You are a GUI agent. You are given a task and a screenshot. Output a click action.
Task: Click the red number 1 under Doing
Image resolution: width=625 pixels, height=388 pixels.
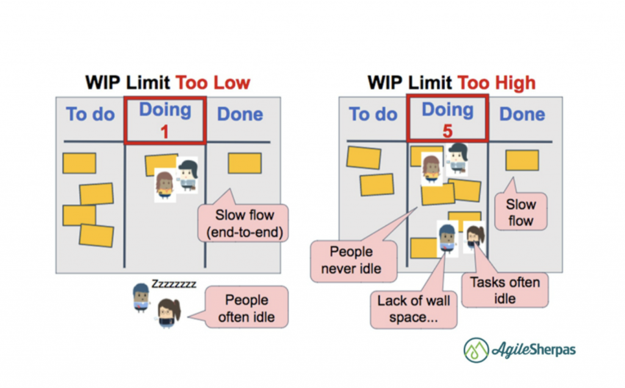point(165,131)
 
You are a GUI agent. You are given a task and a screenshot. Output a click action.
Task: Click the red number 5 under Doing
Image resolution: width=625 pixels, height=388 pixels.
point(447,131)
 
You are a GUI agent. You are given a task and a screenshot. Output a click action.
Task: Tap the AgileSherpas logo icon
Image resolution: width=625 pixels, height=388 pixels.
point(476,350)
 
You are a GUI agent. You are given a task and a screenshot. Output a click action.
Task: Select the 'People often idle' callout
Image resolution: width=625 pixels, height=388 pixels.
point(247,308)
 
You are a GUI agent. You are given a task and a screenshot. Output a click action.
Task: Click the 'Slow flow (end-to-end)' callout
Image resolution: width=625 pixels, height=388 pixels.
point(244,224)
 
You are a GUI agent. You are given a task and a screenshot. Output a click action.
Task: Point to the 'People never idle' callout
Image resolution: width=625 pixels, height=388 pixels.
point(352,260)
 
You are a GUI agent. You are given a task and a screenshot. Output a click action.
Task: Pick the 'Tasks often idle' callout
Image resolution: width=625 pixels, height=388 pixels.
point(505,290)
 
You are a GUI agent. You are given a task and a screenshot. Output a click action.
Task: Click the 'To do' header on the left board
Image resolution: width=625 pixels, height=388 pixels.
point(90,114)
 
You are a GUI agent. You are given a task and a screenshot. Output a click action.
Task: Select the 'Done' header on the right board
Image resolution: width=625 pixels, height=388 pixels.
point(522,114)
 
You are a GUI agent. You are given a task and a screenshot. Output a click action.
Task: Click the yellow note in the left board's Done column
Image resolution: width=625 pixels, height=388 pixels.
point(245,163)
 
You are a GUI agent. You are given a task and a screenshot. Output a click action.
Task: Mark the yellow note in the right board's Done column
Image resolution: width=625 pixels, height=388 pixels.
point(522,160)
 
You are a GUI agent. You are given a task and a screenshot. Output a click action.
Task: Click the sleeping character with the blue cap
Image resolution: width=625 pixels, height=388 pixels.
point(141,297)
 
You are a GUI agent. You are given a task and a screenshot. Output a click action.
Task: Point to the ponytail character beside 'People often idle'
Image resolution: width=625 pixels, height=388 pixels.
point(166,313)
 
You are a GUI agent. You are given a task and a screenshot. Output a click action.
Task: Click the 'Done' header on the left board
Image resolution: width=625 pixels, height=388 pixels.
point(240,114)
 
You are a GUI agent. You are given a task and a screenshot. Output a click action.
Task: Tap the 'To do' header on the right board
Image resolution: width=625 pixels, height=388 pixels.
point(372,114)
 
